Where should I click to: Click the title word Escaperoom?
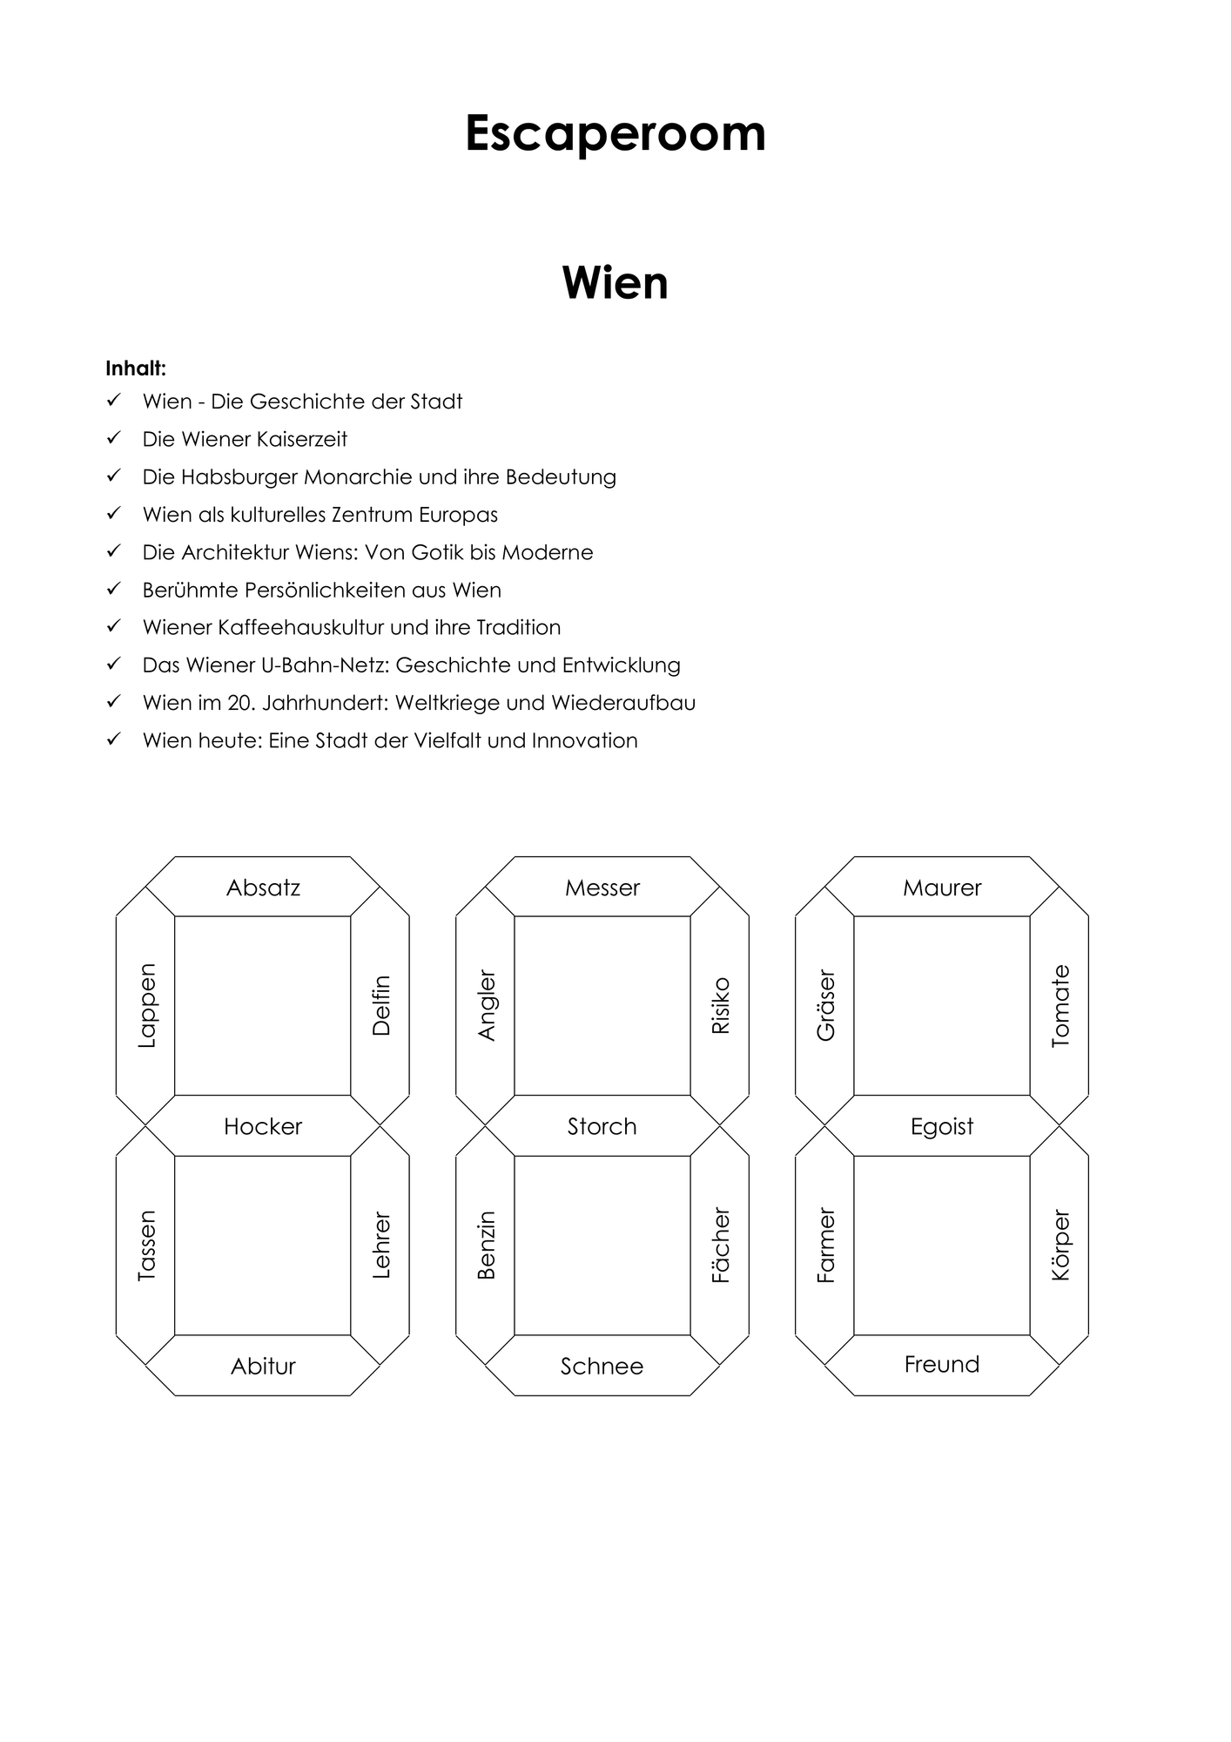(x=615, y=134)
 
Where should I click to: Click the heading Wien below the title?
(x=615, y=283)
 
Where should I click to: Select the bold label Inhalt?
(x=136, y=368)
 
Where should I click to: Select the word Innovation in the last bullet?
(x=585, y=740)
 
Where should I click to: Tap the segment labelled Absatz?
(x=263, y=887)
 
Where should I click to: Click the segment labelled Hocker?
(x=263, y=1125)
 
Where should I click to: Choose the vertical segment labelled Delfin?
(x=380, y=1005)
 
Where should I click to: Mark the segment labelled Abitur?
(x=263, y=1365)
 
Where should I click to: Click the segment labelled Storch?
(x=602, y=1125)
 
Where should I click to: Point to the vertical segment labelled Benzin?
(x=485, y=1246)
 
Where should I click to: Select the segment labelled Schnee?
(x=602, y=1365)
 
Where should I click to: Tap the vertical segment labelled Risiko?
(x=720, y=1005)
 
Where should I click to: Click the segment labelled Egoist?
(x=942, y=1125)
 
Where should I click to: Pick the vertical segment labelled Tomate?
(x=1059, y=1005)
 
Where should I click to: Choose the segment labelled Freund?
(x=942, y=1365)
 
